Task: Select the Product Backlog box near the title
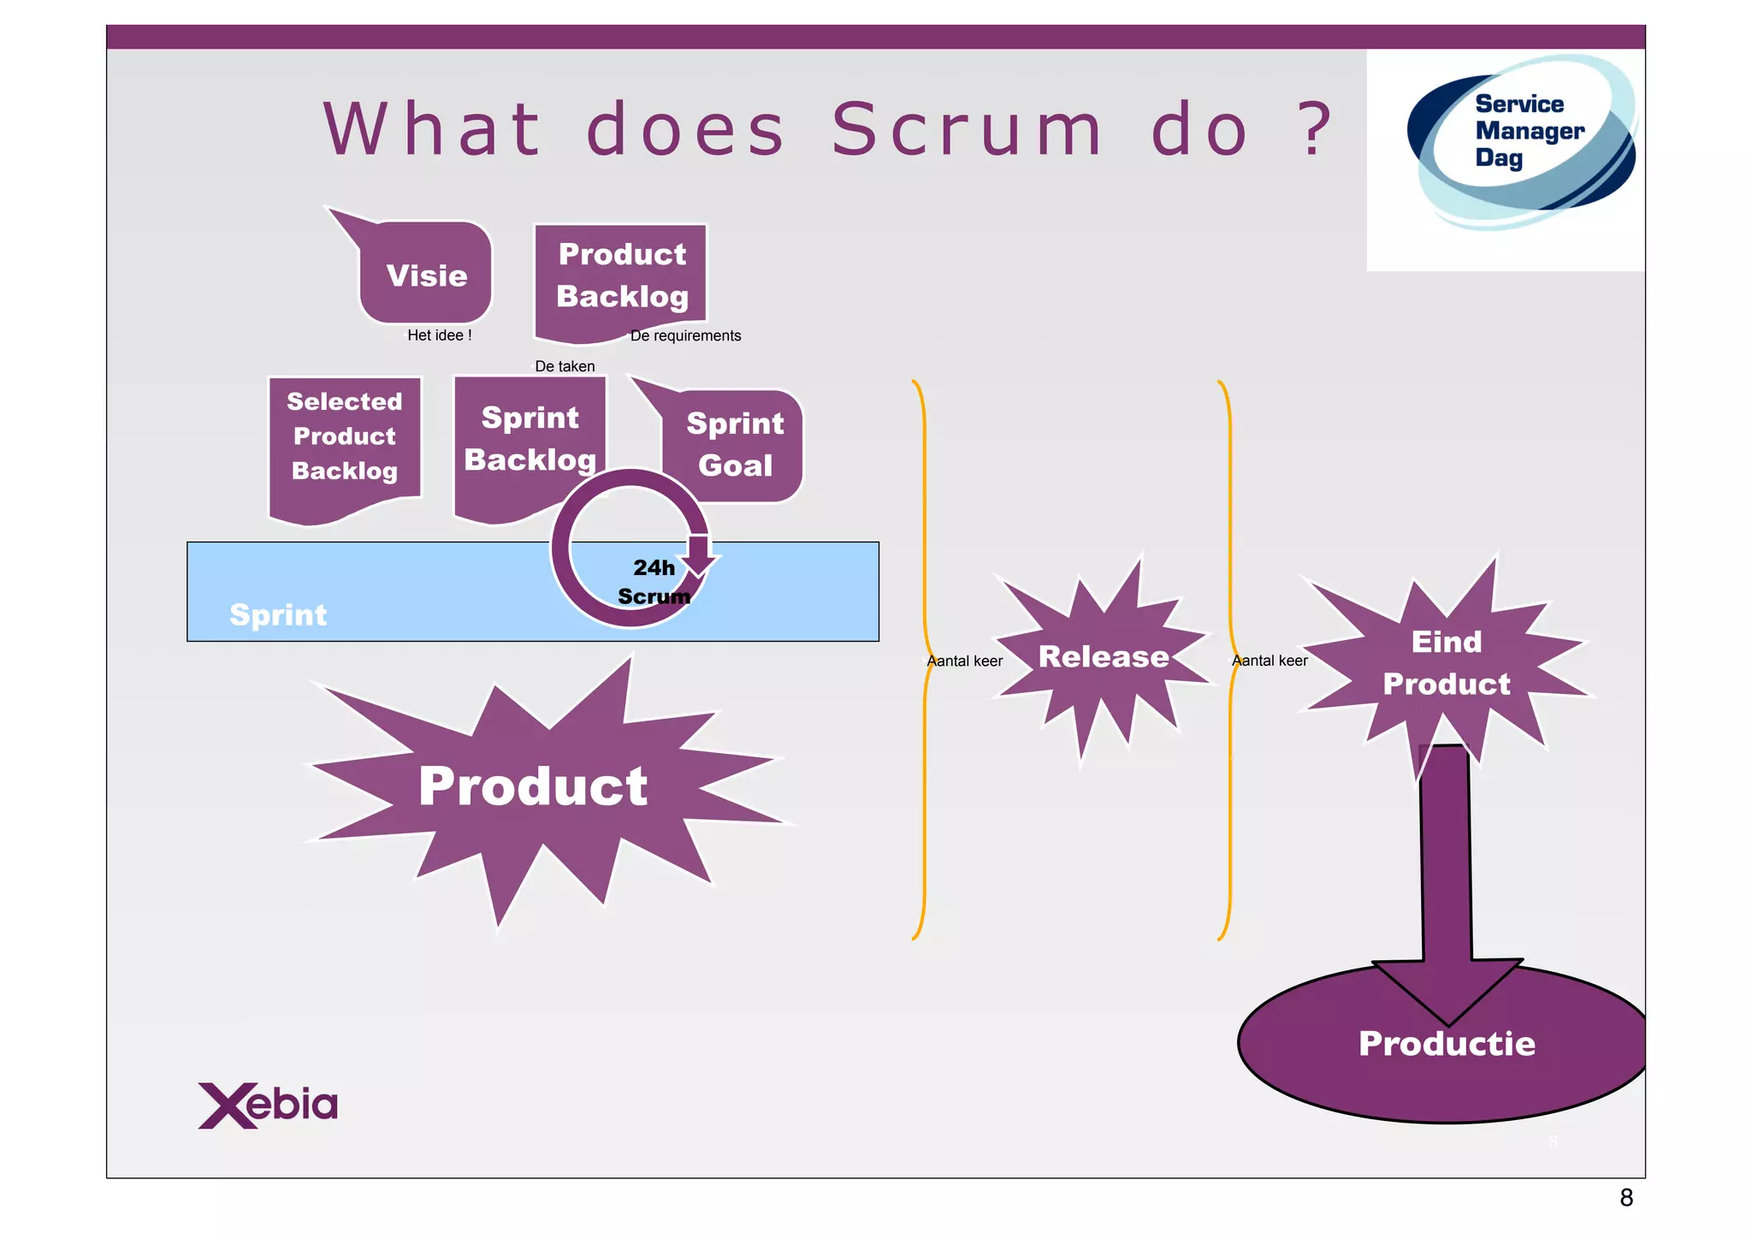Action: point(622,276)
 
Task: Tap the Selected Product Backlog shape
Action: point(345,437)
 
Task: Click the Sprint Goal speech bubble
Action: point(735,445)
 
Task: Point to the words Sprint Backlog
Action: point(530,439)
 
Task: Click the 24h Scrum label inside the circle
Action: point(654,582)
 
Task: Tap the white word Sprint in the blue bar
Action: point(278,615)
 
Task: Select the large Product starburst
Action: point(533,786)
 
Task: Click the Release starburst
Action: point(1104,657)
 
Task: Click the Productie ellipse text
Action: point(1447,1044)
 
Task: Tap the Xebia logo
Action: point(268,1106)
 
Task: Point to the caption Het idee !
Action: point(439,335)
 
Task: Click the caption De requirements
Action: point(685,335)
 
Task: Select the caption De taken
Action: point(565,366)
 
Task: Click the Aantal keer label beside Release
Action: point(965,661)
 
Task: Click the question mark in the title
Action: point(1316,130)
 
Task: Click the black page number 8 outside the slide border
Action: point(1626,1198)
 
